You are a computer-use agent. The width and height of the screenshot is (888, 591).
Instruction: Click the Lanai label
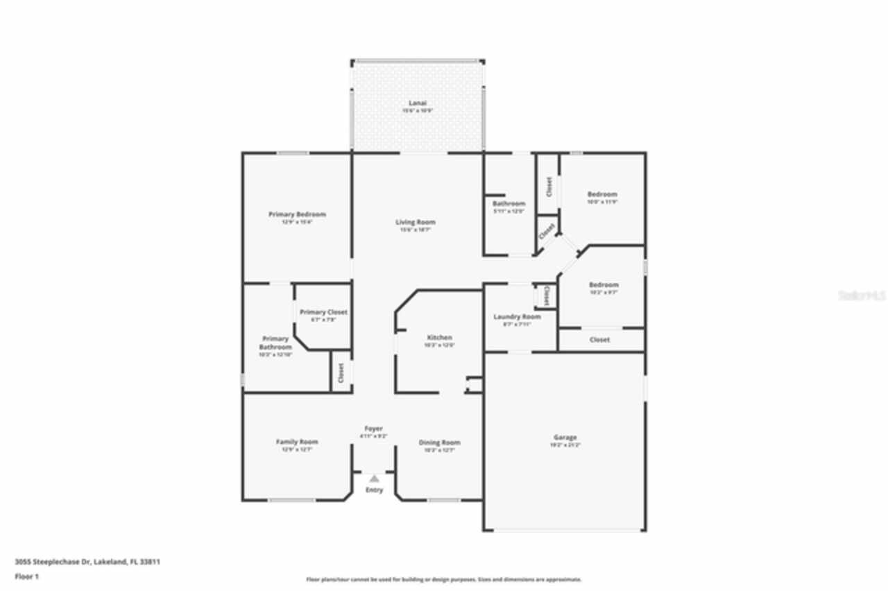(417, 103)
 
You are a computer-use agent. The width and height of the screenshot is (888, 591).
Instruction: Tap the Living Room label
(416, 222)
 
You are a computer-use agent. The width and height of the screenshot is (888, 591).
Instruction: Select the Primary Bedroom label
(297, 214)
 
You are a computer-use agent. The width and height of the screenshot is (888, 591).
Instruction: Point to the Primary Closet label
(323, 312)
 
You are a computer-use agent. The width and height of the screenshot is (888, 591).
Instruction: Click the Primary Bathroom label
(275, 343)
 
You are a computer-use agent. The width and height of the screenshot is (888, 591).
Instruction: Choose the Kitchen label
(439, 337)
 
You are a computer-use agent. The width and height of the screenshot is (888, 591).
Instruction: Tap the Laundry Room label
(517, 316)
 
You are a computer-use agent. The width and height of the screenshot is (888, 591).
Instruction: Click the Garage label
(565, 437)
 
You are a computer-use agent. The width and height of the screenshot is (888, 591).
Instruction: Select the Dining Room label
(439, 443)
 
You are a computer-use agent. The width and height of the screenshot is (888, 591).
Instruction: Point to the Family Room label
(297, 442)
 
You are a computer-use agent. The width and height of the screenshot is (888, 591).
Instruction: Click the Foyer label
(373, 429)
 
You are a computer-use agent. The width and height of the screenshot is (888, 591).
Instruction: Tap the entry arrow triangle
(374, 478)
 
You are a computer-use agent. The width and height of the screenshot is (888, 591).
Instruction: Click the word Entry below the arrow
(374, 490)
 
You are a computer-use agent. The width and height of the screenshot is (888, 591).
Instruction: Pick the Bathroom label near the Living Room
(509, 203)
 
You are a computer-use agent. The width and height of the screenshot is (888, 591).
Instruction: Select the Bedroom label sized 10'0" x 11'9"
(602, 194)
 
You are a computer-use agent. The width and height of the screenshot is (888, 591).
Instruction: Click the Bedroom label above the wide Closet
(604, 284)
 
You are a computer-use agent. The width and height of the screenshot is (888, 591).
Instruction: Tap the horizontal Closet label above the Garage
(599, 340)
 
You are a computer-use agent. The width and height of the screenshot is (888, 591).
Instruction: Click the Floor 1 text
(27, 576)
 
